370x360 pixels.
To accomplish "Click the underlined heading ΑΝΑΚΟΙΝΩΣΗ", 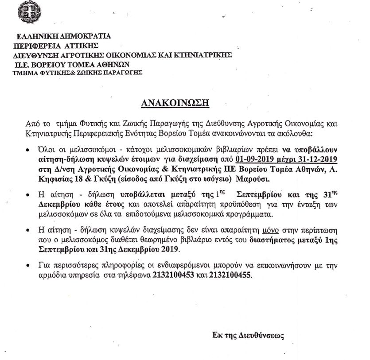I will pos(175,104).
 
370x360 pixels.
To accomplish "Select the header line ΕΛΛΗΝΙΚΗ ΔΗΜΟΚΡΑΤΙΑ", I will pos(64,37).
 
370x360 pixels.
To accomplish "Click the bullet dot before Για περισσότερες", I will pos(29,267).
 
